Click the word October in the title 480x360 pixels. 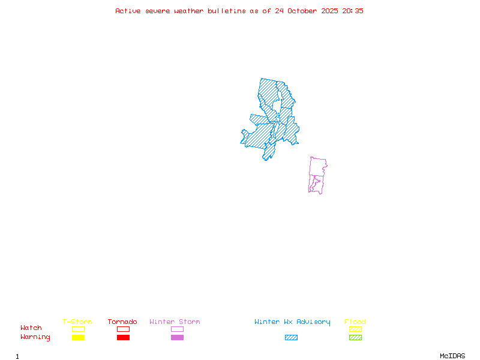click(306, 11)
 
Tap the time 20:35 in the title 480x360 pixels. click(353, 11)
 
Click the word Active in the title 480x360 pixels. click(128, 11)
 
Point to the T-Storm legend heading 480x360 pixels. click(77, 322)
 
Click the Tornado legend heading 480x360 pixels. click(122, 322)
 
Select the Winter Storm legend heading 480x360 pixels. click(175, 322)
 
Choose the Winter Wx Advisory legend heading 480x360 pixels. click(292, 322)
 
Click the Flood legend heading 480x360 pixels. click(355, 322)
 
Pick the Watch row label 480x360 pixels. click(31, 328)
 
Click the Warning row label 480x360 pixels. click(35, 337)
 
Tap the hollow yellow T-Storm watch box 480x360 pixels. click(78, 329)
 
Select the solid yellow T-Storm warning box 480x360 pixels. click(78, 338)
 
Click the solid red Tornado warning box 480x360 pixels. click(123, 338)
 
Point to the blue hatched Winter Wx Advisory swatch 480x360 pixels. click(291, 338)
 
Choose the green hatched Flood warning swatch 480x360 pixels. click(355, 338)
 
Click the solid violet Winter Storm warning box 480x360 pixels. click(177, 338)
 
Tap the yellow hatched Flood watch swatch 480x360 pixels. click(355, 329)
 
